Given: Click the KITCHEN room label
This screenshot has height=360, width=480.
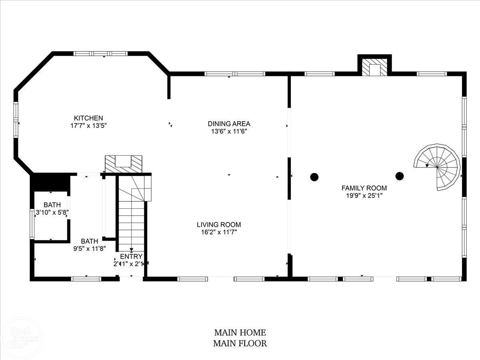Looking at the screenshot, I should (x=88, y=118).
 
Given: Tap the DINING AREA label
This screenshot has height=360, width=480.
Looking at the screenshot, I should (x=229, y=124).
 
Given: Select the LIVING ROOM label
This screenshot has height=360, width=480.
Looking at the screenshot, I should (x=218, y=225).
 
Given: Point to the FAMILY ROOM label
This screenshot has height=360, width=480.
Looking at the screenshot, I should (x=364, y=188).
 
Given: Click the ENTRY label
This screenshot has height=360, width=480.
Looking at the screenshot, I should (x=131, y=256).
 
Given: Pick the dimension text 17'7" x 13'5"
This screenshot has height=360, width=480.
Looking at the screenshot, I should (x=88, y=126).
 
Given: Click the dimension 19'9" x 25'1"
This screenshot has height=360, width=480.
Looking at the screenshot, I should (x=364, y=196).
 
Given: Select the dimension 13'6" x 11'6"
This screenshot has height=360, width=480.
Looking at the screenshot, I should (x=229, y=131).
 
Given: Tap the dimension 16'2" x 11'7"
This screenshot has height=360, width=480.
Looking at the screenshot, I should (x=218, y=232).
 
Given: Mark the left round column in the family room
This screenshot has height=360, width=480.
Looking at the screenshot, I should (x=314, y=176).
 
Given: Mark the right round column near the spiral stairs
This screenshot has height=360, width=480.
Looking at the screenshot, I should (x=399, y=176).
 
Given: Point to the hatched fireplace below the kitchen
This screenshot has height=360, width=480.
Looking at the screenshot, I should (x=124, y=164).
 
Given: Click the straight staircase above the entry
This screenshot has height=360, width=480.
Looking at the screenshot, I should (x=131, y=224).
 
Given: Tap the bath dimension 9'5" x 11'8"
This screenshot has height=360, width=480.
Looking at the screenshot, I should (x=89, y=248).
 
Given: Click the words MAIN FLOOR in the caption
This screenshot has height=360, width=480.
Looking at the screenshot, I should (x=240, y=343).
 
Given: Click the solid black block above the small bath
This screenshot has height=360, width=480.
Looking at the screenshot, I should (x=50, y=182).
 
